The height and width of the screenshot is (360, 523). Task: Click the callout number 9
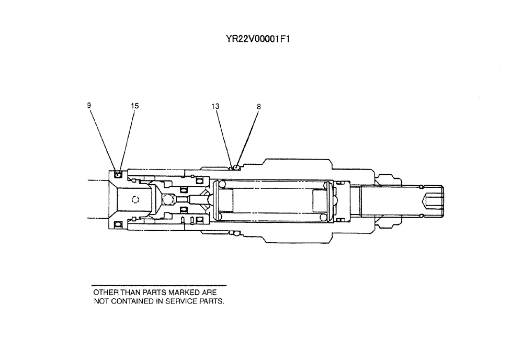pos(89,105)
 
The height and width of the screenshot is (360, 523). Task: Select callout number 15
pos(135,106)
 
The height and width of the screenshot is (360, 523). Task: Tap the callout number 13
pos(215,106)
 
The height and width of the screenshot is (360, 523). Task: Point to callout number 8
pos(258,107)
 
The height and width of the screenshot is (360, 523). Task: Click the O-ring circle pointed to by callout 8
pos(237,167)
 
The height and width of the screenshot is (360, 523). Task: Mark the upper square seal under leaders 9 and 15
pos(118,174)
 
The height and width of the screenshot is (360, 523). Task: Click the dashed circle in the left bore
pos(135,199)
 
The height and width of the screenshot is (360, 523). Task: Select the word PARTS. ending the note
pos(212,301)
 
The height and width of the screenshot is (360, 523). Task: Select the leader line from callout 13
pos(223,137)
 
